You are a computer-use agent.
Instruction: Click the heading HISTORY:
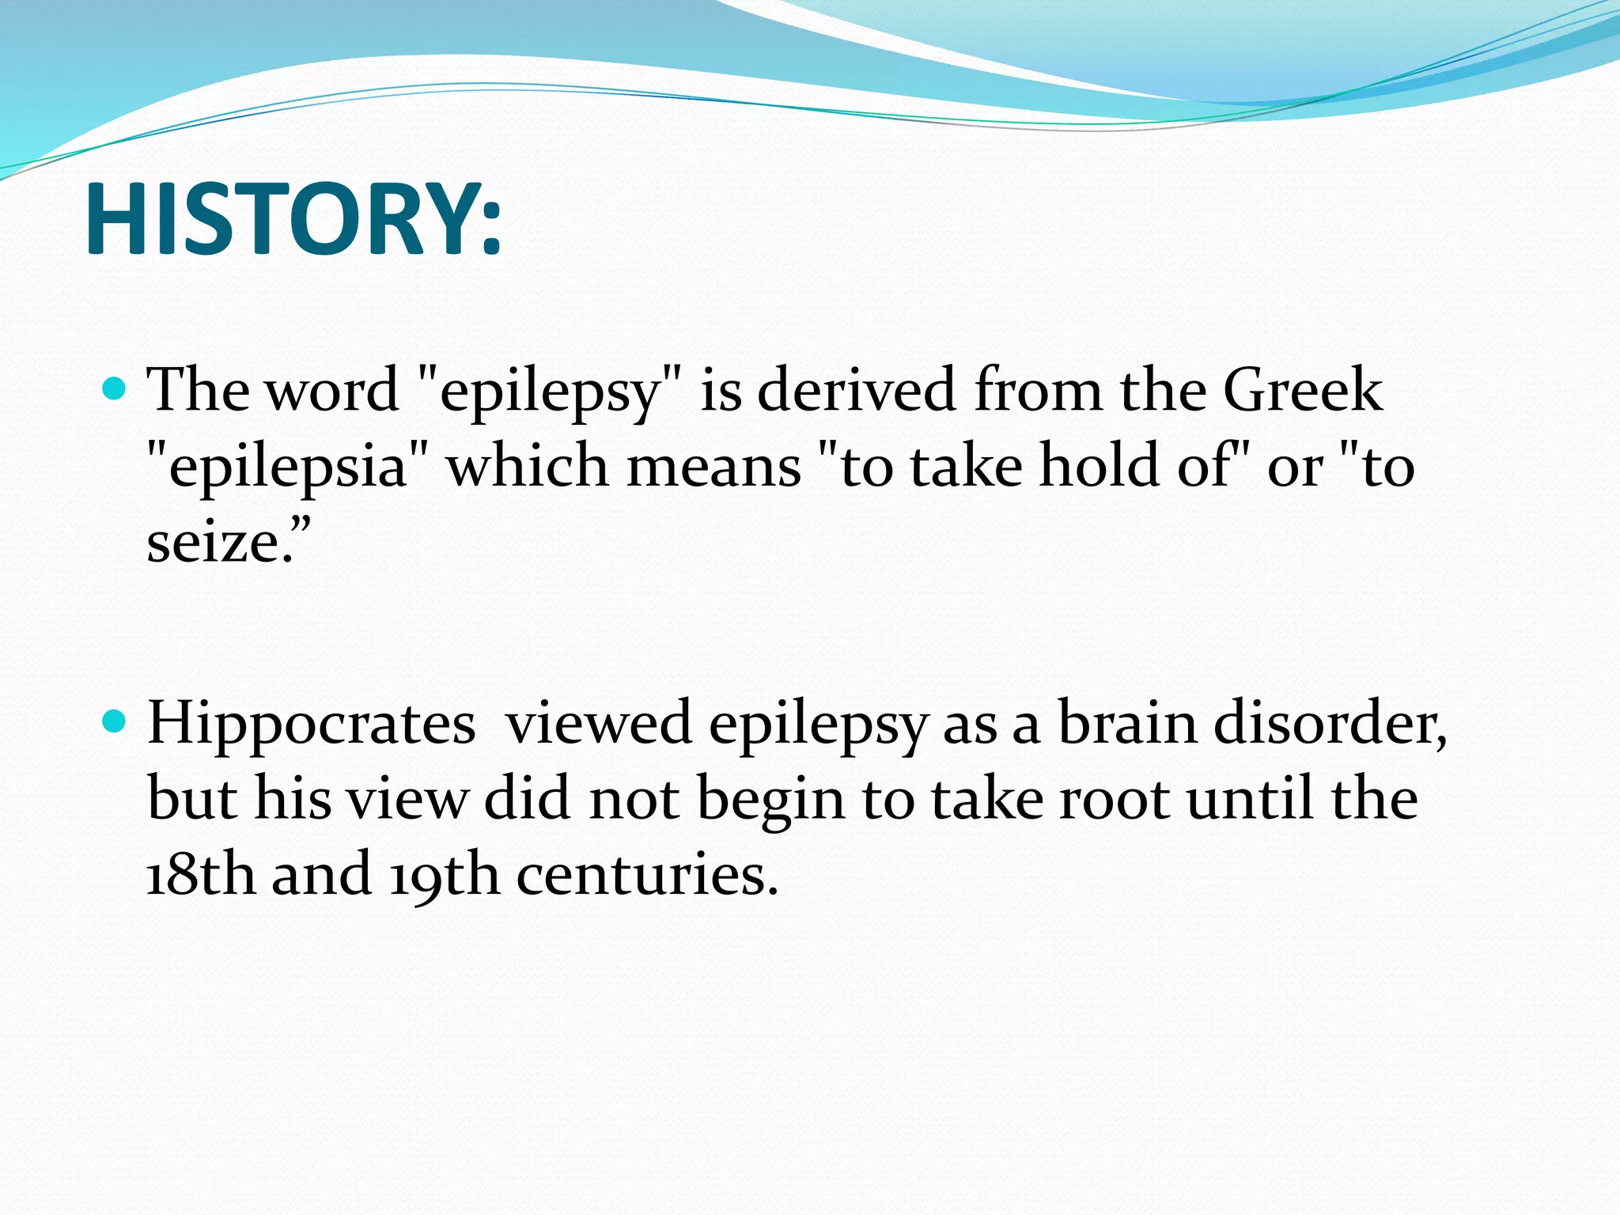(x=293, y=220)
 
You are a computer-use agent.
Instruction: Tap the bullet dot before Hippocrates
(x=115, y=721)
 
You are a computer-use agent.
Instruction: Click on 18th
(x=201, y=875)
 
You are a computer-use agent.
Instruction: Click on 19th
(x=445, y=875)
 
